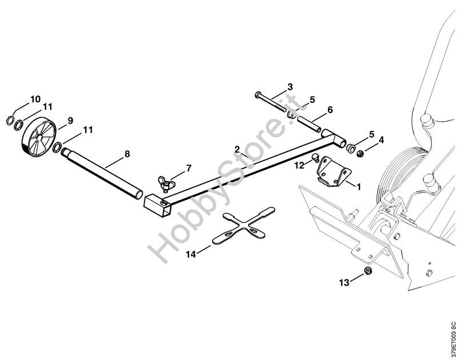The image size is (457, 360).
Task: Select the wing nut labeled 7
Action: (x=164, y=183)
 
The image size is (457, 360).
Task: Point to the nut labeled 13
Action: (x=369, y=270)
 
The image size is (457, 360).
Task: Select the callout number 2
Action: (x=238, y=150)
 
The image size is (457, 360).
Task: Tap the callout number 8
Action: (x=127, y=154)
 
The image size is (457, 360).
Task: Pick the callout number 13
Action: (x=343, y=282)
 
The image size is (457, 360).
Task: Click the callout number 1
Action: (x=358, y=186)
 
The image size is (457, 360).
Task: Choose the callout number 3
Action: (x=290, y=87)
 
